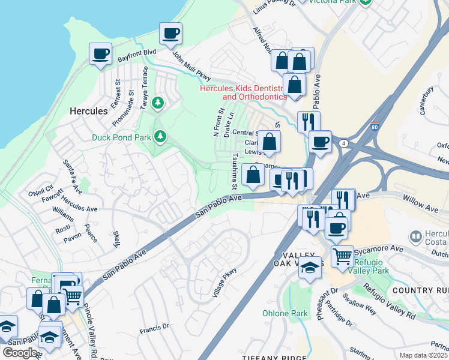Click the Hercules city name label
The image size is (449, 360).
[88, 111]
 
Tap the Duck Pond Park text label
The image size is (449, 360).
[121, 137]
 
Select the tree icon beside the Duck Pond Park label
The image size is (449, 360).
[160, 137]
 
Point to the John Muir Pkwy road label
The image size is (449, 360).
[192, 67]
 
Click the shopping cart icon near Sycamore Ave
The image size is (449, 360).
[342, 256]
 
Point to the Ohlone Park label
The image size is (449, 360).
[285, 313]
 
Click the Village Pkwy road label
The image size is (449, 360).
[224, 282]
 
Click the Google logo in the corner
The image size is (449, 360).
[20, 353]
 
